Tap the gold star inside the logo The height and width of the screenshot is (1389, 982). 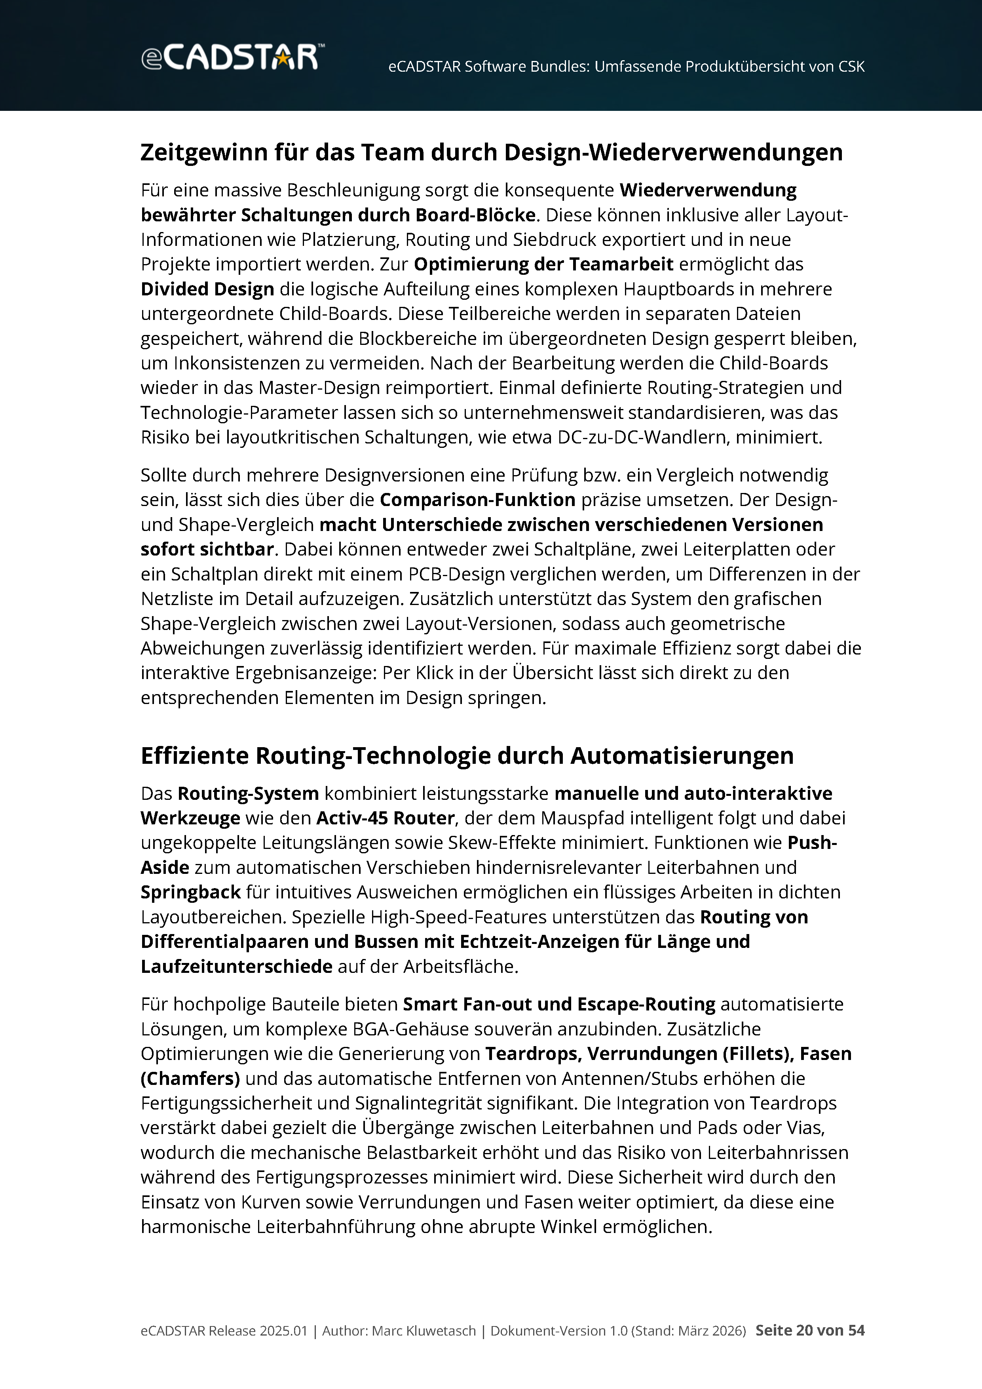pos(282,58)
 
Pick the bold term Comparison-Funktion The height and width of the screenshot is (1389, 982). pos(477,500)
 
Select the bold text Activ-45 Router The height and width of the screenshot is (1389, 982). pos(385,818)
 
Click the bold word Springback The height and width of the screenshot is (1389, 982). pos(190,892)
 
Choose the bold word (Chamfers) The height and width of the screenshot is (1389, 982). pos(190,1078)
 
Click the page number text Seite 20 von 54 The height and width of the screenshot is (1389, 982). pos(810,1330)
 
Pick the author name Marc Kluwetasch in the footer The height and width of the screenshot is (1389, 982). pos(423,1331)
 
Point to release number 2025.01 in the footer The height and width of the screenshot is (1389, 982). pos(283,1331)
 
